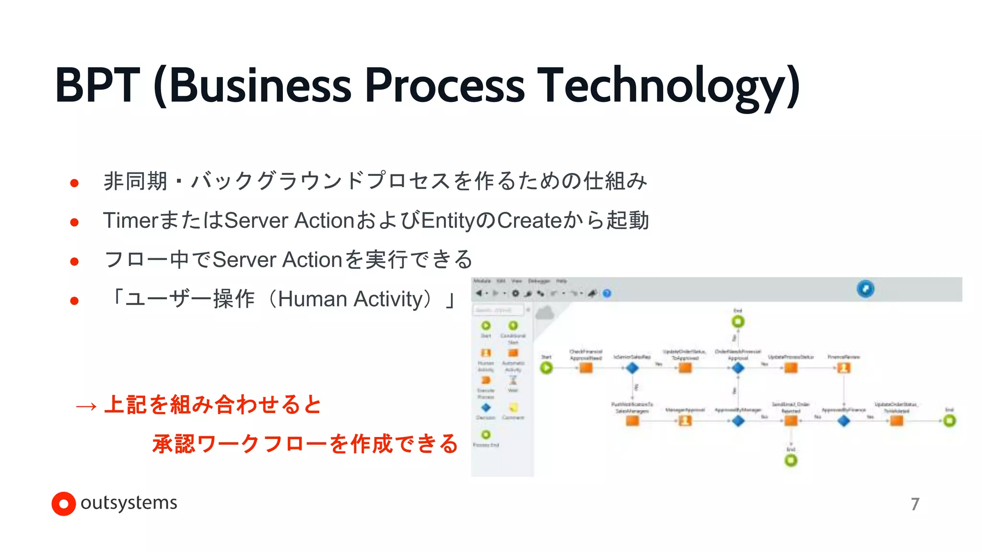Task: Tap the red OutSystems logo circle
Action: (x=63, y=504)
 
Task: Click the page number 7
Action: (x=915, y=504)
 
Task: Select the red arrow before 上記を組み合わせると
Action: (x=86, y=406)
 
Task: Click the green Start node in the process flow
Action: (x=546, y=368)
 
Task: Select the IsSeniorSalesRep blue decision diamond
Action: (x=632, y=368)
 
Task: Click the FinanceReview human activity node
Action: (x=843, y=368)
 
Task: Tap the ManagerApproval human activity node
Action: (x=685, y=421)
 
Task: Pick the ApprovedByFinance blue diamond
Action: (x=843, y=421)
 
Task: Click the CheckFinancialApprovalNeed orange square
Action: (x=586, y=368)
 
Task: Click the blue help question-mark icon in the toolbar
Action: (x=607, y=293)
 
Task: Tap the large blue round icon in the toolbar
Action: (x=865, y=288)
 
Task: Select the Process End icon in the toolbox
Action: (x=486, y=435)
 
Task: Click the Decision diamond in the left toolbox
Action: (x=486, y=408)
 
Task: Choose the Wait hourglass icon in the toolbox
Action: (x=513, y=380)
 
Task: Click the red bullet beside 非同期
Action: (x=74, y=183)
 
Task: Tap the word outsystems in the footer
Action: (x=129, y=503)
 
